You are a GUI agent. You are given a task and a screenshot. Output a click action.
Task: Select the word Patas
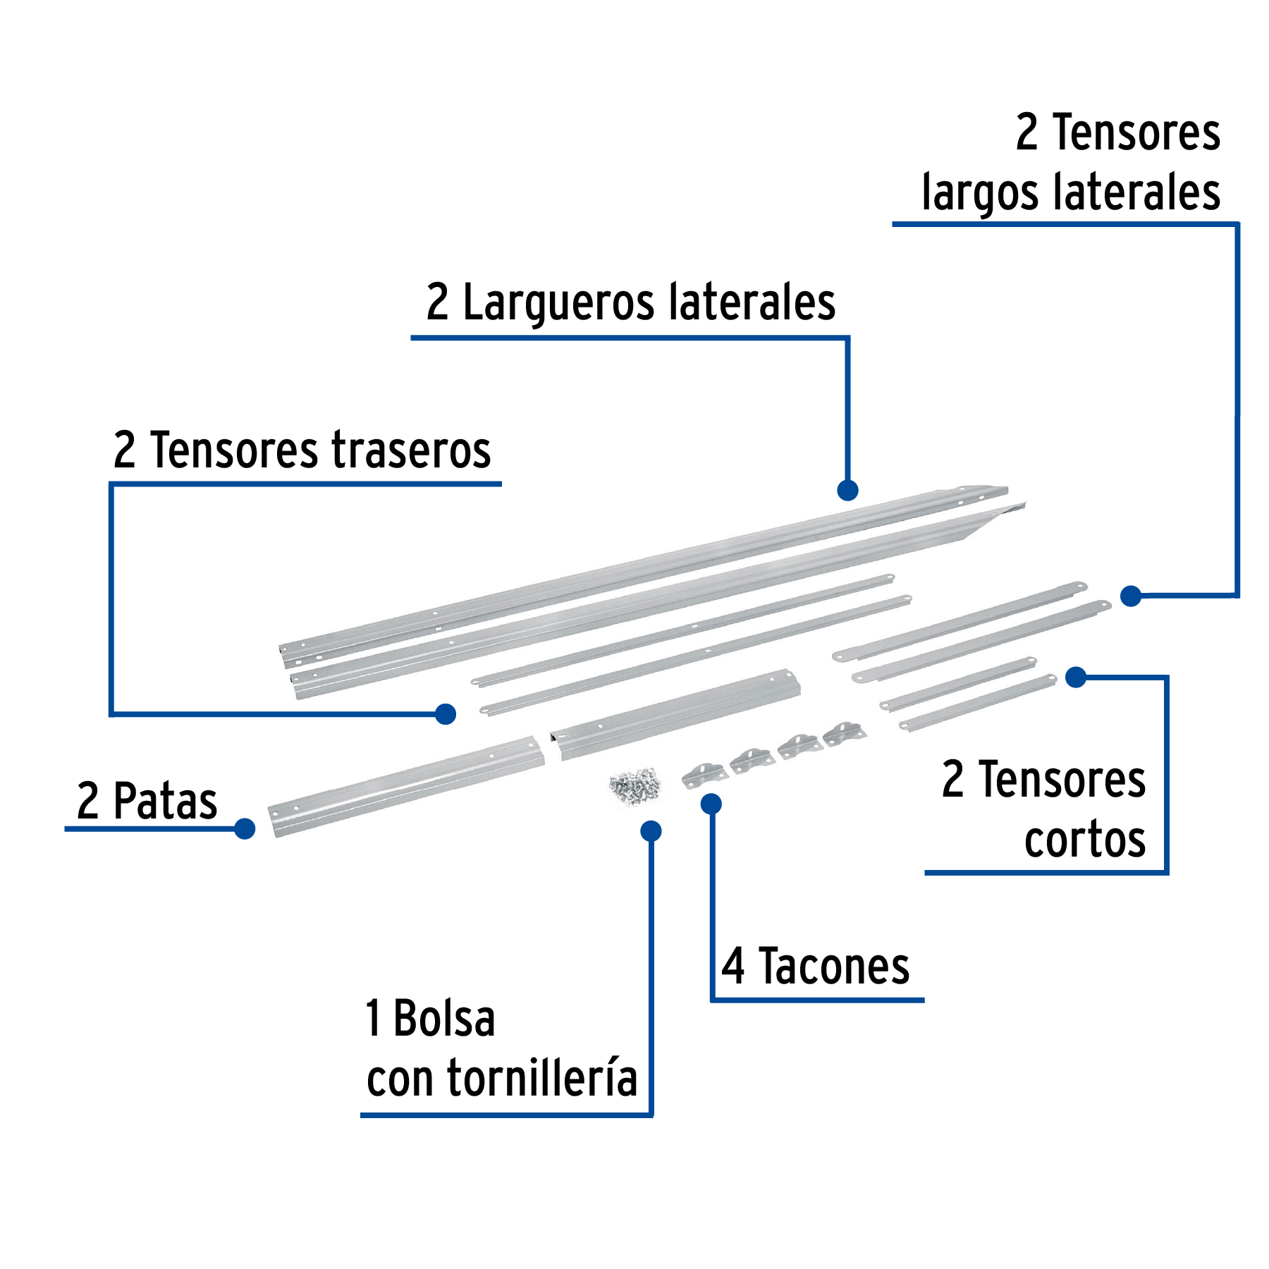(x=165, y=802)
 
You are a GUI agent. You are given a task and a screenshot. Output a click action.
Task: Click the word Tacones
(x=834, y=967)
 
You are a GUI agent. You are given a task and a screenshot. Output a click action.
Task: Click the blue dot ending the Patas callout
(x=245, y=828)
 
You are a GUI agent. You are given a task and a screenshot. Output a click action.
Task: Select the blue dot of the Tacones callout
(x=711, y=804)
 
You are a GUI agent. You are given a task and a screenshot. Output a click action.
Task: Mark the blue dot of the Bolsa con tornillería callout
(x=651, y=831)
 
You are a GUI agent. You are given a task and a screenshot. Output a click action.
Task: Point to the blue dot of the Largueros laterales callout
(x=847, y=490)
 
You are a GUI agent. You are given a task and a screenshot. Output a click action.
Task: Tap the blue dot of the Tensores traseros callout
(x=446, y=714)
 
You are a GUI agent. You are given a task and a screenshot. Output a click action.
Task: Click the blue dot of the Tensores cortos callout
(x=1076, y=678)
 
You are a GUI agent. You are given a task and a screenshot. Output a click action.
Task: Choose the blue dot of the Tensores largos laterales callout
(x=1131, y=596)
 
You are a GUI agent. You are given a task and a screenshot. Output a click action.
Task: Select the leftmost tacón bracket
(x=703, y=775)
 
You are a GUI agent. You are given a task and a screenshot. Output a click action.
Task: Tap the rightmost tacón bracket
(x=845, y=733)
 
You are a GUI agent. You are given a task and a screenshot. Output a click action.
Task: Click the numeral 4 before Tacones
(x=733, y=967)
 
